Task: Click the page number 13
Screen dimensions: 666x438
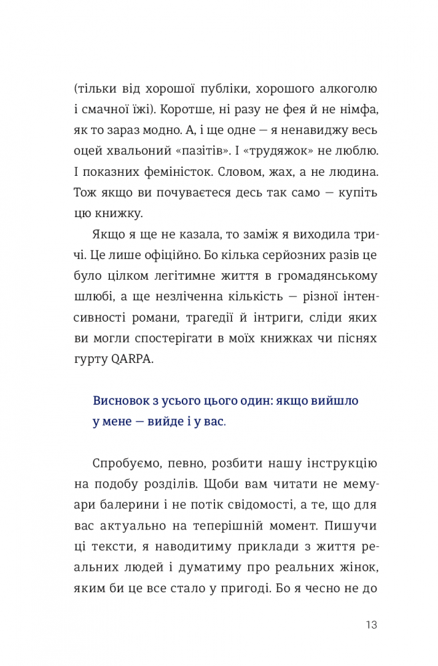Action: pos(371,625)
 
